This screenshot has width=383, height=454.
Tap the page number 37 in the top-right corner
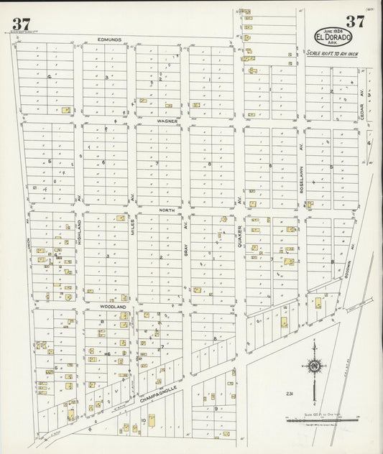(x=354, y=22)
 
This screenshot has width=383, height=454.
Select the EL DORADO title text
(x=333, y=36)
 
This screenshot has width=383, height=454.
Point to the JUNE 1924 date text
(x=333, y=29)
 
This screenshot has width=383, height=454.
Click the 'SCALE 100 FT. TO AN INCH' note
(x=333, y=53)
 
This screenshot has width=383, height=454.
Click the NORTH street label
(x=167, y=210)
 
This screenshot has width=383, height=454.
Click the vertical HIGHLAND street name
(x=79, y=233)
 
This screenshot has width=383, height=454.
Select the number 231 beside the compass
(x=289, y=393)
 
